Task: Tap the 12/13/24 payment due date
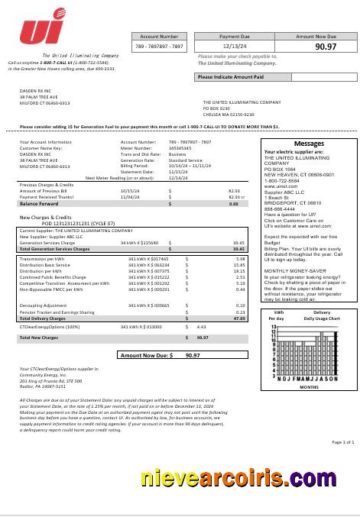coord(235,47)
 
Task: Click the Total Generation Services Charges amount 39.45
coord(238,249)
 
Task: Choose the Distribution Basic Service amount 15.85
coord(239,264)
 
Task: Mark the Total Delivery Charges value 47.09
coord(238,297)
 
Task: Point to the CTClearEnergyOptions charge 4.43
coord(202,326)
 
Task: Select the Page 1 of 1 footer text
coord(342,442)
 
